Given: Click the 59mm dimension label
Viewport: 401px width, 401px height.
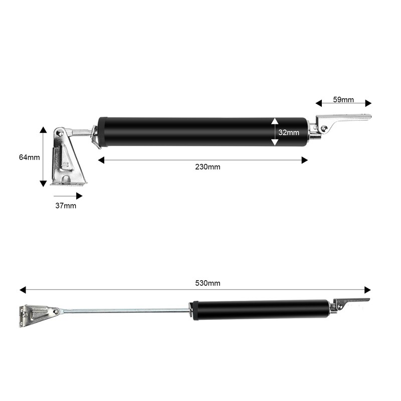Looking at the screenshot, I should pos(343,100).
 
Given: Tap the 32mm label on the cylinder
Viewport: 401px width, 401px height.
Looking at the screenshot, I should pos(289,132).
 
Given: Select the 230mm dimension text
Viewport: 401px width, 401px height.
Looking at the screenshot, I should pos(208,167).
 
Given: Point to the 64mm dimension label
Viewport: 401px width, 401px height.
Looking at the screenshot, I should pos(29,157).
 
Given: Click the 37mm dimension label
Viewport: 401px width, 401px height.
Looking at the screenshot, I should pos(66,206).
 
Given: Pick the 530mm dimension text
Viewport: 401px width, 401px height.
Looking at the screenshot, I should pos(208,283).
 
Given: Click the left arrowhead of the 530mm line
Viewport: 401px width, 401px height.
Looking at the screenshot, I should pos(23,290).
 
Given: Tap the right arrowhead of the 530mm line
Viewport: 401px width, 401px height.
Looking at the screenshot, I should pos(368,290).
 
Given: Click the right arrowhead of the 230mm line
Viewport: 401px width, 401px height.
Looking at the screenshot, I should pos(305,160).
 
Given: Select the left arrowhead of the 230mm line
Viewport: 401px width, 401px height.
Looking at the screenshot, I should pos(101,160).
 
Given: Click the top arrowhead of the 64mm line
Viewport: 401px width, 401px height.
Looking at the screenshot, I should pos(44,129).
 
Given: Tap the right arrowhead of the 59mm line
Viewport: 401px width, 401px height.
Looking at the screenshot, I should pos(369,103).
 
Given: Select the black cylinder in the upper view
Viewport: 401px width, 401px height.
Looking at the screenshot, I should pos(200,132).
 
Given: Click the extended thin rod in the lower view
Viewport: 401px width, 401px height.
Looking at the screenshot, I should pos(125,311).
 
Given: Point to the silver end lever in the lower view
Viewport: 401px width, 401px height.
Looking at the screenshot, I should pos(351,302).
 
